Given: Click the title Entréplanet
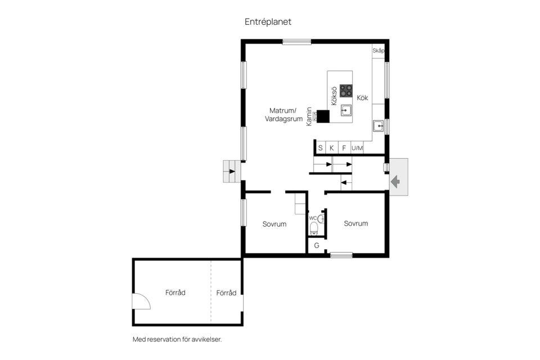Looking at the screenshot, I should point(268,22).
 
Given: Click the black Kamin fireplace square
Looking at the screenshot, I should point(323,116).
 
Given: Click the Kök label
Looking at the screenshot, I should point(362,98).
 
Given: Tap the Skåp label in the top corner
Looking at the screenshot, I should point(378,51).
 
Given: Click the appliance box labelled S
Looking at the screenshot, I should point(320,148).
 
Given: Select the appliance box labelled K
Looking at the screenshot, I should point(332,148).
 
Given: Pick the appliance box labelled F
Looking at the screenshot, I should point(344,148).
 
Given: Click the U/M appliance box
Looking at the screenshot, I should point(357,148).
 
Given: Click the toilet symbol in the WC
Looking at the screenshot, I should point(314,228).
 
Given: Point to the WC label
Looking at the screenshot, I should point(313,218).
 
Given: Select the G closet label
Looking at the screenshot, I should point(317,245).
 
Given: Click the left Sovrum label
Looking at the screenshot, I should point(274,224).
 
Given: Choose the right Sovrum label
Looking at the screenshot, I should point(356,223).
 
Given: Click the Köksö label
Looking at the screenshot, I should point(334,96).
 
